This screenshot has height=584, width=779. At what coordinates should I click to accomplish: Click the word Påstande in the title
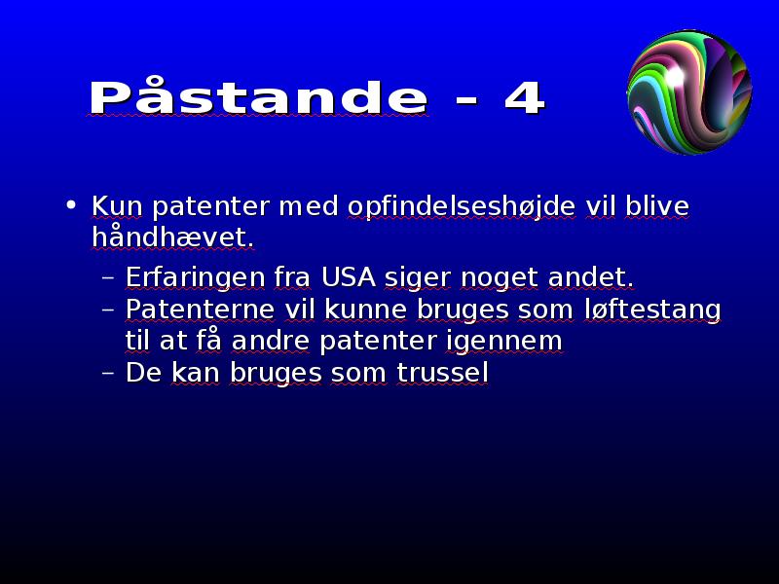259,95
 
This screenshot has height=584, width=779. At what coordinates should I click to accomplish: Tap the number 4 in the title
525,96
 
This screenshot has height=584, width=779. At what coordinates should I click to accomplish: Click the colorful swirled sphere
689,91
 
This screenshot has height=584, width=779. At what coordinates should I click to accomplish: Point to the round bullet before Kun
71,204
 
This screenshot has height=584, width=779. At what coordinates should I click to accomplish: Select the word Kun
117,206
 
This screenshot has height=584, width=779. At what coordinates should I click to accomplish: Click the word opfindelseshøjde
462,206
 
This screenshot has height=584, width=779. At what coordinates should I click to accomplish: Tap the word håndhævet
173,237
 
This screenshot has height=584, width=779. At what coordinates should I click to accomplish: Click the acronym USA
349,276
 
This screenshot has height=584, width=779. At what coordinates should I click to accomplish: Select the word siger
418,278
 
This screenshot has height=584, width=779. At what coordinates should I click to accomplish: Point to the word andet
591,276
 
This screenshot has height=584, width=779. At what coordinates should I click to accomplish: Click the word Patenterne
200,309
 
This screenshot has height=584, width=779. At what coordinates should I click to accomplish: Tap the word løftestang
652,310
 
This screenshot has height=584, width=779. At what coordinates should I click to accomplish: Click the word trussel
443,373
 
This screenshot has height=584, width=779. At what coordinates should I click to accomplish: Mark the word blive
657,205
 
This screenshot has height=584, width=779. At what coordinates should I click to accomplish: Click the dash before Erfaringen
108,278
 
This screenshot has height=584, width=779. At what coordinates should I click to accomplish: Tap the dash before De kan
108,374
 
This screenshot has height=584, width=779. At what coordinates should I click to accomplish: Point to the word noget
500,278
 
